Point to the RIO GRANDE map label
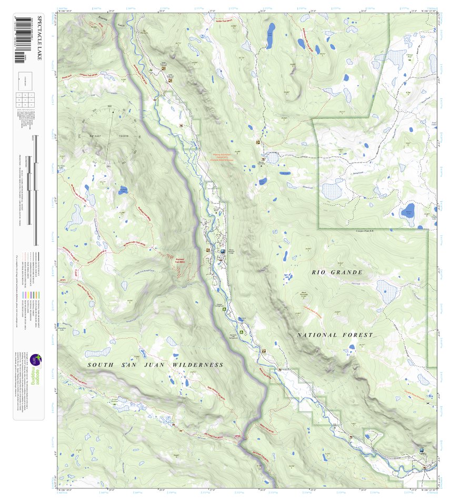point(337,272)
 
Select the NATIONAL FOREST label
point(335,335)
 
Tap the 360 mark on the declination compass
point(109,107)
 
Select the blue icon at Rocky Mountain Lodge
point(223,251)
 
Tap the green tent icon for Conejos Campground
point(224,309)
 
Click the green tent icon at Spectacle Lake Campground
point(242,332)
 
